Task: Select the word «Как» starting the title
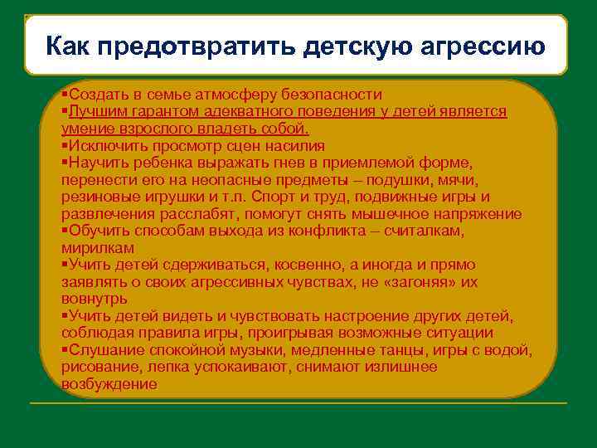[67, 46]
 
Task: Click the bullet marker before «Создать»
[65, 95]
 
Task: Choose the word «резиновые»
[97, 197]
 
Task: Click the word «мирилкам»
[98, 248]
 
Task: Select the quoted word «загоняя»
[427, 282]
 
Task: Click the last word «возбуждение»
[109, 384]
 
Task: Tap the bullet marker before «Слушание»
[65, 350]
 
